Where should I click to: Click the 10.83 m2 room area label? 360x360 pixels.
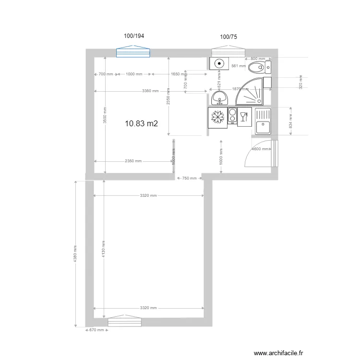(141, 123)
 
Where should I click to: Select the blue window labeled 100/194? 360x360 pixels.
(134, 52)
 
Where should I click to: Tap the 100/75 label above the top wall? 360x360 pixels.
(228, 36)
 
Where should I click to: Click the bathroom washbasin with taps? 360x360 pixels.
(220, 99)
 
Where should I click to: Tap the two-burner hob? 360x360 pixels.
(232, 117)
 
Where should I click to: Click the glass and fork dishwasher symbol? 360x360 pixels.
(243, 117)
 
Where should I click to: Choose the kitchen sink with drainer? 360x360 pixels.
(263, 121)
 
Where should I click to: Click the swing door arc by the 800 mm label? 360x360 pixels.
(257, 154)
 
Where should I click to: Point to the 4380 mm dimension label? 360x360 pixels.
(75, 254)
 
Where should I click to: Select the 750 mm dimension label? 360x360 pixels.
(190, 179)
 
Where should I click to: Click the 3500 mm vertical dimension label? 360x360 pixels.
(105, 116)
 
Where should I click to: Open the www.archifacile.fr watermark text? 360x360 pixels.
(279, 353)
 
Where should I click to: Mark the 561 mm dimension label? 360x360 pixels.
(238, 66)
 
